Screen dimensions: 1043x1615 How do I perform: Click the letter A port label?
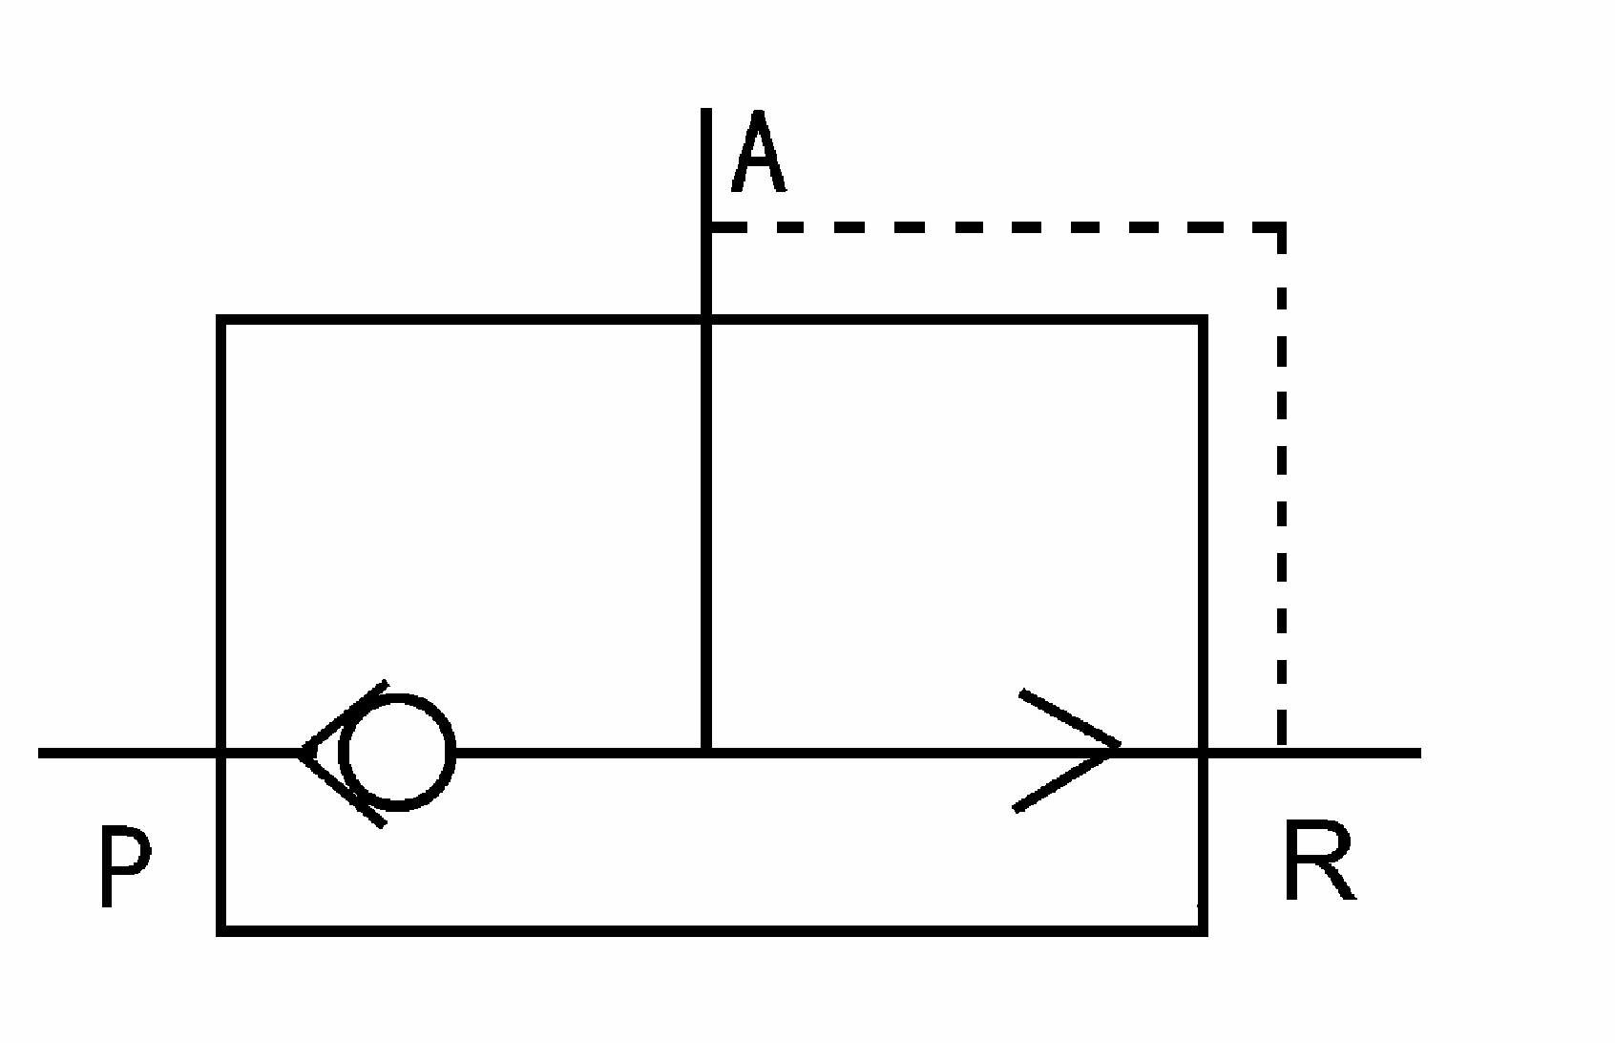[758, 153]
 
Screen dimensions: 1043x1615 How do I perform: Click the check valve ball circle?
[396, 753]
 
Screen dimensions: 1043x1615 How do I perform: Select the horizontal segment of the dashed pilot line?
[993, 227]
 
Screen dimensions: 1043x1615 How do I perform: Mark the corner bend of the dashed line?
[1281, 227]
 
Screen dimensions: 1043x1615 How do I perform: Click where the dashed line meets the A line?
[706, 227]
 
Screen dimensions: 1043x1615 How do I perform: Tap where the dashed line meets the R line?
[1281, 753]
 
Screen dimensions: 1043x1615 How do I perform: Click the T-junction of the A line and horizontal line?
[706, 753]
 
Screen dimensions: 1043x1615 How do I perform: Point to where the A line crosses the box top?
[706, 321]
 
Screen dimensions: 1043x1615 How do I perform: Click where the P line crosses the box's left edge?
[221, 753]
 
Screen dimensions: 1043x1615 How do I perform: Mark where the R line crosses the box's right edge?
[1203, 753]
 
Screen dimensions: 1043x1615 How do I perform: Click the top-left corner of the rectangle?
[221, 321]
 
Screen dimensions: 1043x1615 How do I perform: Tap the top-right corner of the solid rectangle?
[1203, 321]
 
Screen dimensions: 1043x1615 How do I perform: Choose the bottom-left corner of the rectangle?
[221, 928]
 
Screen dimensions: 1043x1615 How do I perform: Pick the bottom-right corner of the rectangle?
[1203, 928]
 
